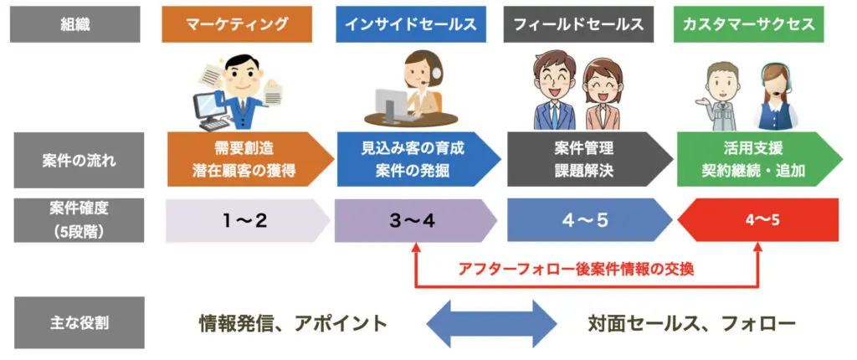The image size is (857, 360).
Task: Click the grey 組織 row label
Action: click(76, 25)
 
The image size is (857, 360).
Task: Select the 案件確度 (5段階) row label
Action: click(76, 220)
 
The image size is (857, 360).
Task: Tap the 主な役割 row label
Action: click(76, 322)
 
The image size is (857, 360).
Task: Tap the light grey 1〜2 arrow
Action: click(243, 221)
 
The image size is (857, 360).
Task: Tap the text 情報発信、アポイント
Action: click(293, 322)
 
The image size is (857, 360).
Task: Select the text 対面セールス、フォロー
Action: click(691, 322)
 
